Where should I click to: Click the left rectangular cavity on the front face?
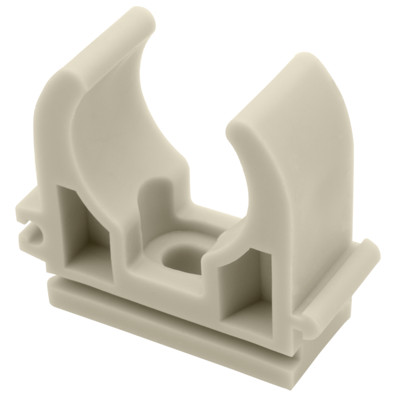coord(83,225)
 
